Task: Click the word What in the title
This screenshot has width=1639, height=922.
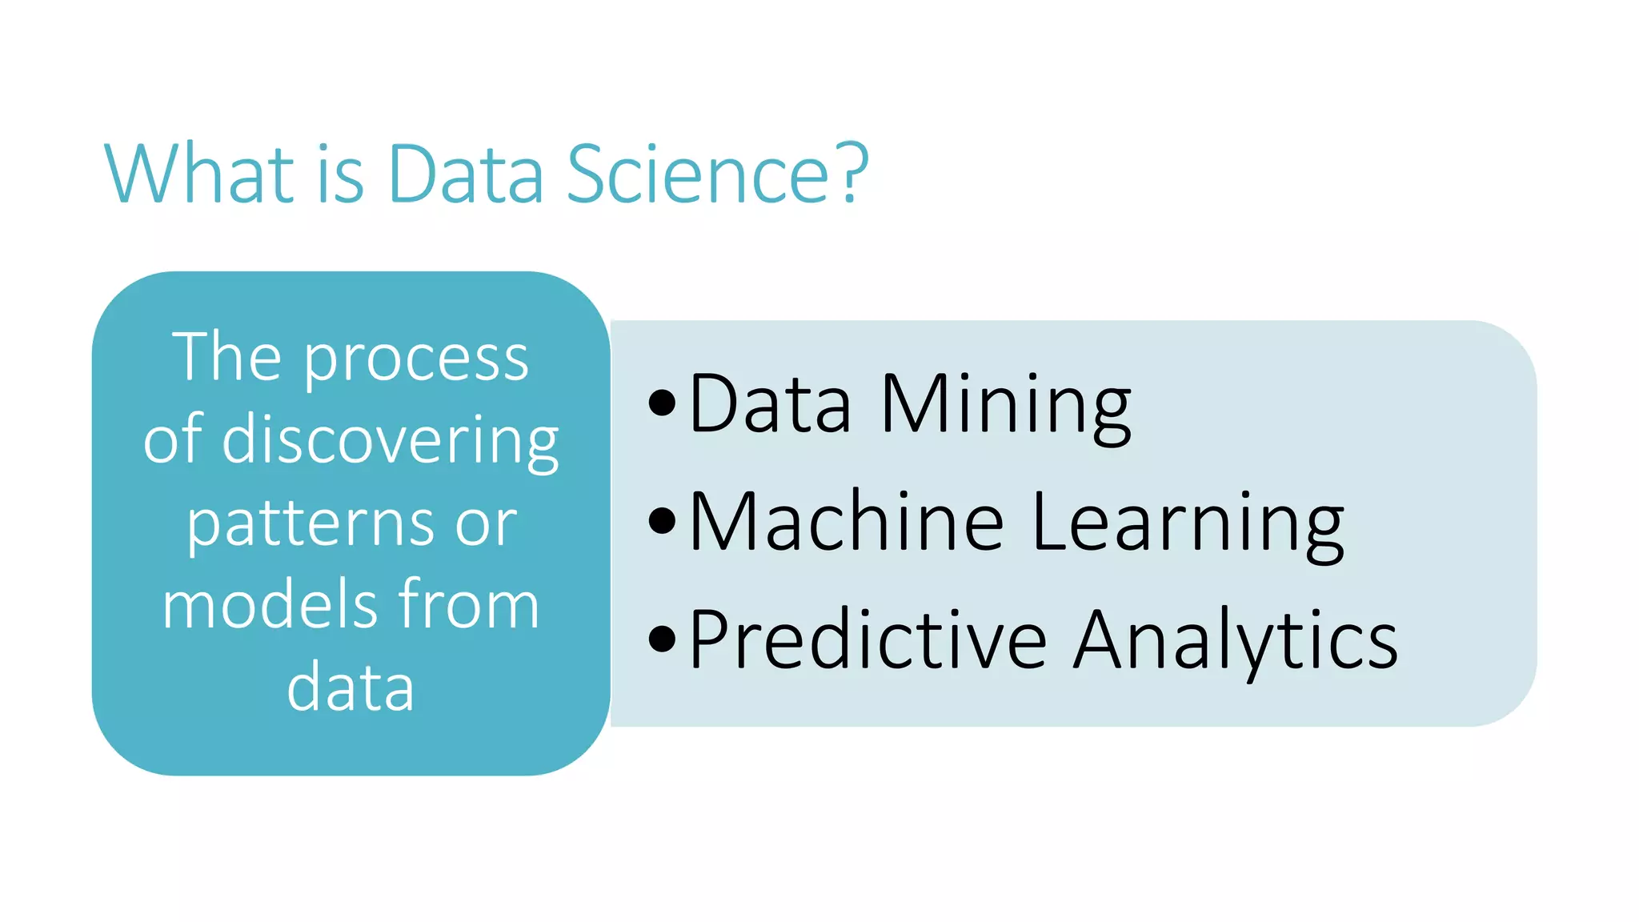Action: click(x=200, y=174)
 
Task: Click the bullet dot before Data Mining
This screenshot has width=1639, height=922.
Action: click(x=662, y=403)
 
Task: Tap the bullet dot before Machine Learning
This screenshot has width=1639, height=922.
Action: click(x=662, y=520)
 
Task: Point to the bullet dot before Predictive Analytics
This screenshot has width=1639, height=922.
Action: click(x=662, y=639)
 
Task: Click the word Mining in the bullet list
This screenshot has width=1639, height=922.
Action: click(x=1005, y=404)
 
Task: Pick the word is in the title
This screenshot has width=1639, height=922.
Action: click(x=340, y=174)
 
